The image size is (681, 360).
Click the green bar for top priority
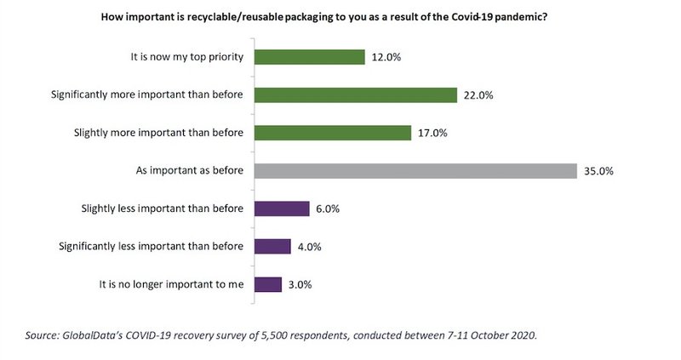pyautogui.click(x=308, y=56)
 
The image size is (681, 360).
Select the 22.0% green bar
pyautogui.click(x=355, y=94)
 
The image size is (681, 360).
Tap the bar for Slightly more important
pyautogui.click(x=332, y=132)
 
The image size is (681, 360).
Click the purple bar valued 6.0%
pyautogui.click(x=281, y=209)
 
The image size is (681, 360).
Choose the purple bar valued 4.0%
pyautogui.click(x=272, y=246)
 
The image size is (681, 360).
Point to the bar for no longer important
pyautogui.click(x=267, y=284)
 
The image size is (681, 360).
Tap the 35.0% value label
pyautogui.click(x=598, y=171)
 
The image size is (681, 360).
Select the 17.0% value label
pyautogui.click(x=431, y=133)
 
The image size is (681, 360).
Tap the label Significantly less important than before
pyautogui.click(x=152, y=246)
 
